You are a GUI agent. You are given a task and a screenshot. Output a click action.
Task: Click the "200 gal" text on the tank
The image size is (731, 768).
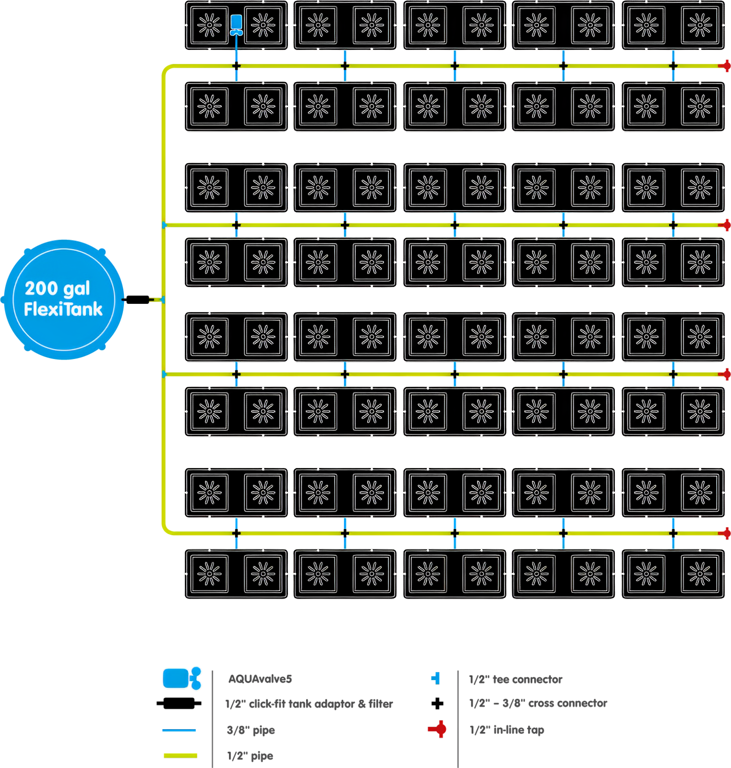[x=58, y=288]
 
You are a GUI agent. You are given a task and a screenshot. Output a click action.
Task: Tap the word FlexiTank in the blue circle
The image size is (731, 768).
[x=63, y=310]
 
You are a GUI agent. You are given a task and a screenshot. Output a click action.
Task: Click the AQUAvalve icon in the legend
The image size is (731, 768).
[x=181, y=678]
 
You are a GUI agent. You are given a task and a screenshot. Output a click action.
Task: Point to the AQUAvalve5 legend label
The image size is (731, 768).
[x=260, y=679]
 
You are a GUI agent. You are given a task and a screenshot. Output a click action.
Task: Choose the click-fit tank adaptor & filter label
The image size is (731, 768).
[x=309, y=704]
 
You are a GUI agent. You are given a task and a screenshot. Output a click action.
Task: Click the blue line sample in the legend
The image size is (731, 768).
[x=179, y=730]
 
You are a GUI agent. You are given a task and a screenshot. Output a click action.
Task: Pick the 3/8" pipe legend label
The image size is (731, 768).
[x=251, y=731]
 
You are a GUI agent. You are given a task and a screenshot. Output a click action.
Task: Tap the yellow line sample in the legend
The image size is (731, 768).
[x=180, y=755]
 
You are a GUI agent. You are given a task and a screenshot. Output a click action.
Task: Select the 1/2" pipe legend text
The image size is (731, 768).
[x=250, y=756]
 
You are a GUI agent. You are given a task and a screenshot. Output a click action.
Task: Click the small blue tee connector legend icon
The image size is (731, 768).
[x=435, y=678]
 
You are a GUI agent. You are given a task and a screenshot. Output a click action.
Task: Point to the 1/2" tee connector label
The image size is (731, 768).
[x=515, y=679]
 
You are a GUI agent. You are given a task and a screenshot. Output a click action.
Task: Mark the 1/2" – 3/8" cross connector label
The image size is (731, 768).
[x=538, y=703]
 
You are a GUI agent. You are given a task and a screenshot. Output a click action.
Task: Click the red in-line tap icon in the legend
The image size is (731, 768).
[x=437, y=730]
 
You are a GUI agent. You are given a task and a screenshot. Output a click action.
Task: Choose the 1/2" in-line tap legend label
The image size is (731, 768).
[x=506, y=730]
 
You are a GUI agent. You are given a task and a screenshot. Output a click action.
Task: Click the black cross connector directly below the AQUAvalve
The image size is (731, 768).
[x=236, y=66]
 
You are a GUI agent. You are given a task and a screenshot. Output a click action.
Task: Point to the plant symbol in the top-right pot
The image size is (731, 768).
[x=700, y=25]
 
